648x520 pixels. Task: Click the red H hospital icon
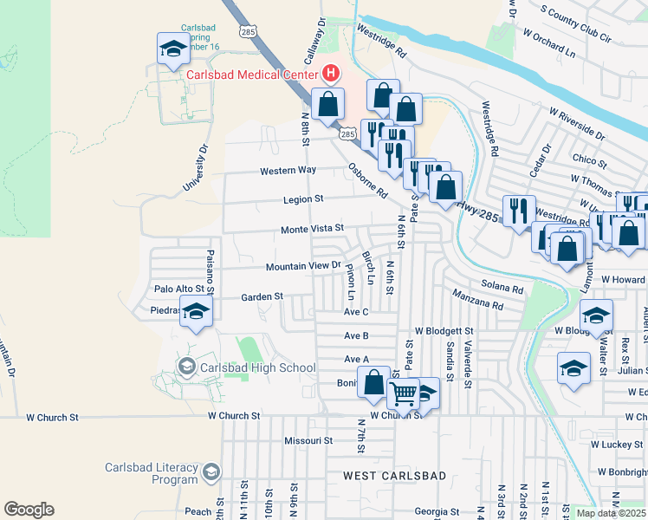[329, 73]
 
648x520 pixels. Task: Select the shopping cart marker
[403, 393]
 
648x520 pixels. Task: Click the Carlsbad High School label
[258, 367]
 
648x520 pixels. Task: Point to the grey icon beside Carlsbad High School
[186, 367]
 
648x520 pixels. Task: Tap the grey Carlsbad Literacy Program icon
[211, 473]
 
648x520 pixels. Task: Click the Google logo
[29, 510]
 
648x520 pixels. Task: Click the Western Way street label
[288, 171]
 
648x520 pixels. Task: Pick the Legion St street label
[302, 199]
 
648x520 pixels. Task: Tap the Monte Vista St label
[312, 230]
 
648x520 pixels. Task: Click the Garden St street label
[262, 296]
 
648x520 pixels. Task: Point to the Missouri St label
[308, 440]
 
